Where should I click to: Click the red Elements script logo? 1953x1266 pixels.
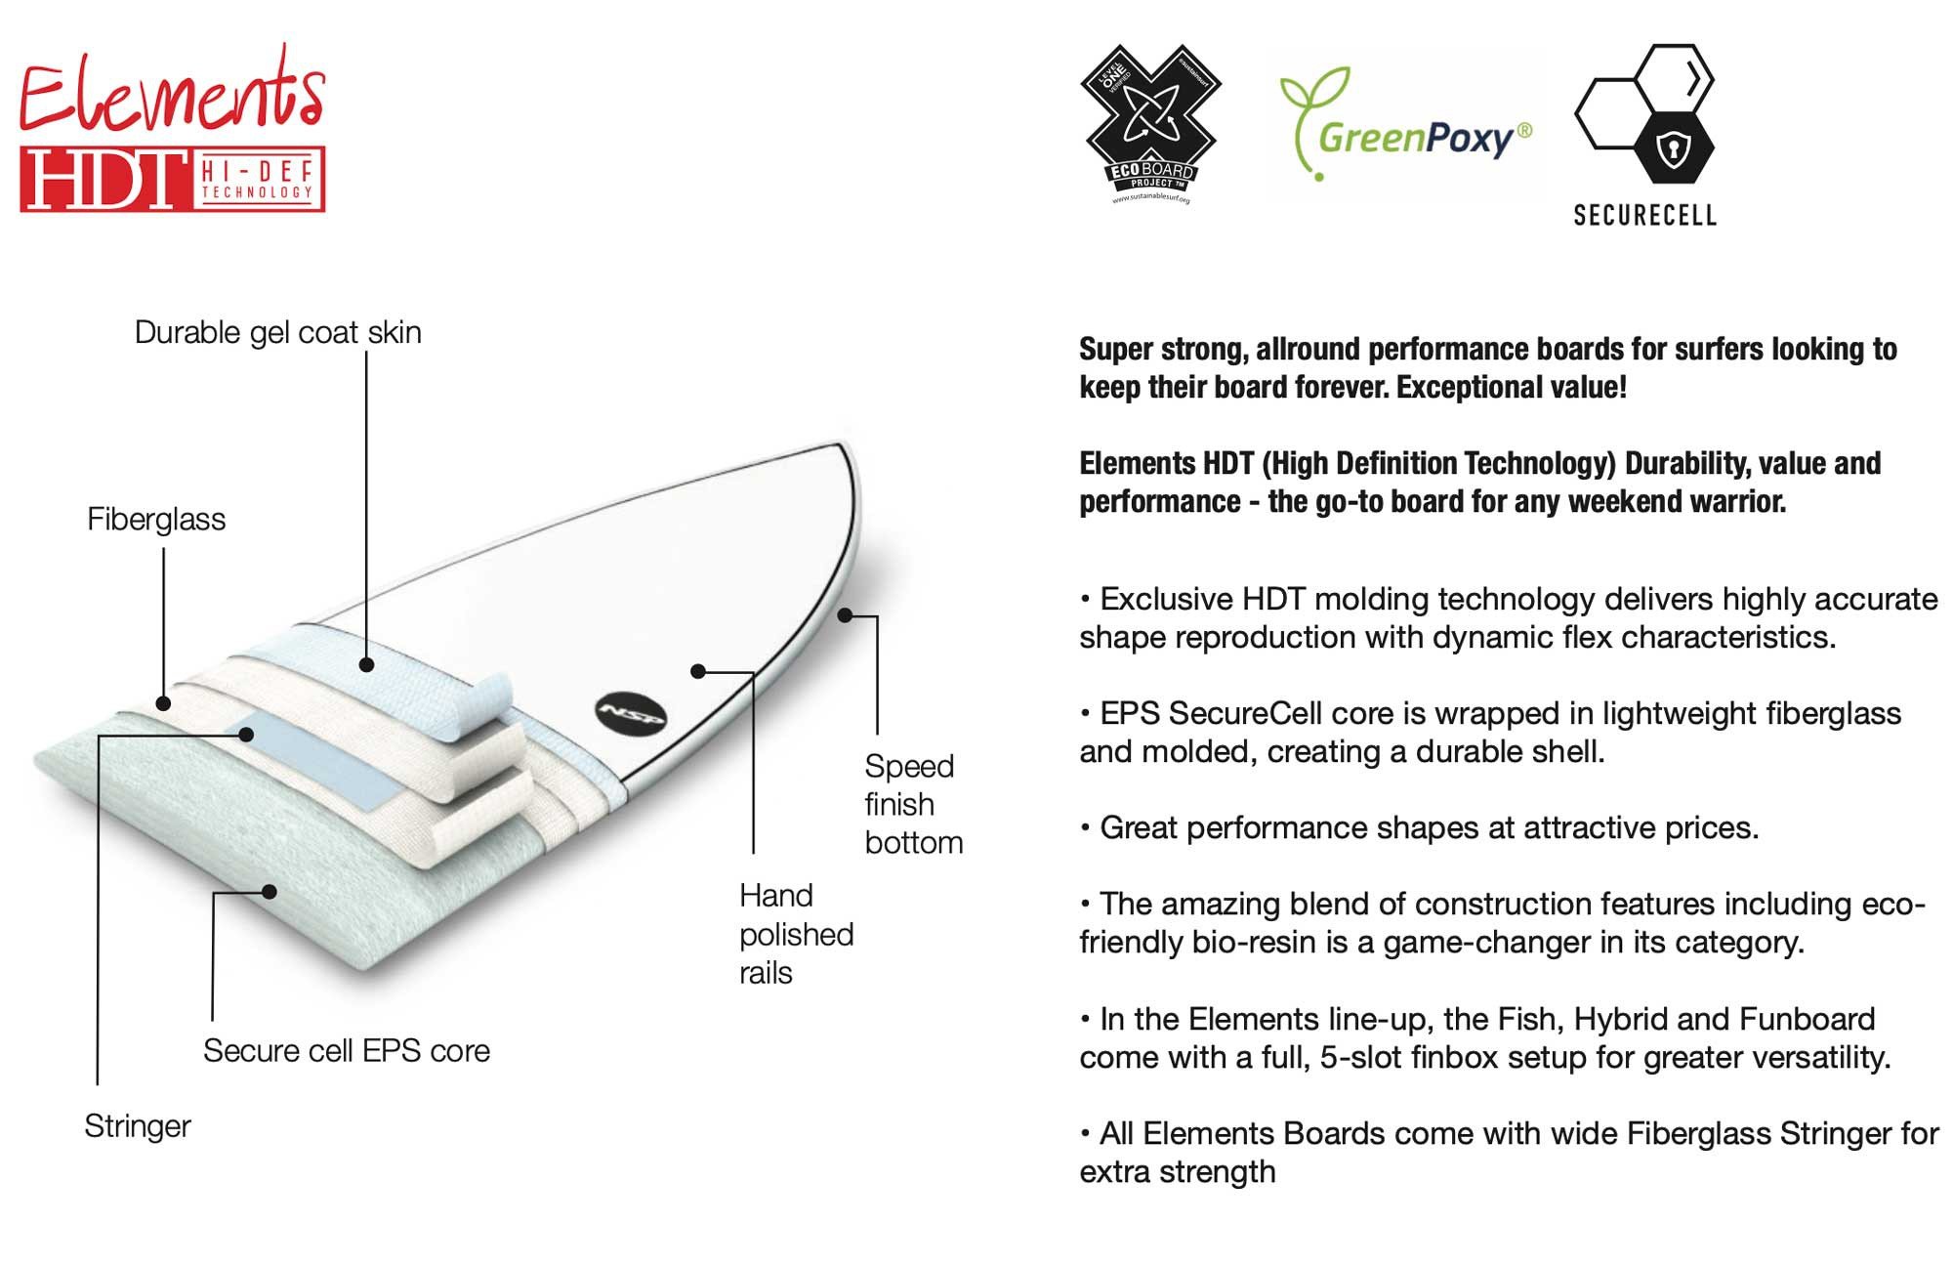tap(171, 93)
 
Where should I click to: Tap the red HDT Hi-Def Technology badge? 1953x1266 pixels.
tap(172, 179)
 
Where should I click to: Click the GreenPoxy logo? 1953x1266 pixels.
tap(1406, 127)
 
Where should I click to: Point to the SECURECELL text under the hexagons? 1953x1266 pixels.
tap(1644, 215)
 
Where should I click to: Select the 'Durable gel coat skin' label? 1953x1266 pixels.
tap(277, 332)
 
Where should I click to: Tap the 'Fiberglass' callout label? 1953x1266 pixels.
tap(156, 519)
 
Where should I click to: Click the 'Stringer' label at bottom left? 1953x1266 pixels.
tap(138, 1126)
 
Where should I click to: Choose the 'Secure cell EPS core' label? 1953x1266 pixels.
tap(346, 1051)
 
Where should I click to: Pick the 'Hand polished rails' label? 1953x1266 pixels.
tap(796, 934)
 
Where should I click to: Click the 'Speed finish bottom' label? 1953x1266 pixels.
tap(913, 804)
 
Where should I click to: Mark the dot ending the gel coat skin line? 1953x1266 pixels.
tap(366, 665)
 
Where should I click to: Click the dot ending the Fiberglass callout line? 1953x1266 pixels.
tap(163, 703)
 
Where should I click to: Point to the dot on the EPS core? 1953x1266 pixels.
tap(270, 891)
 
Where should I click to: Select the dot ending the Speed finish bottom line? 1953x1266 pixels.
tap(845, 615)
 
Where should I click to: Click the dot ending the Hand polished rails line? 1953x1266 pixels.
tap(697, 671)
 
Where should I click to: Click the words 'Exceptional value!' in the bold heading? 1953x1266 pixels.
tap(1511, 387)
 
